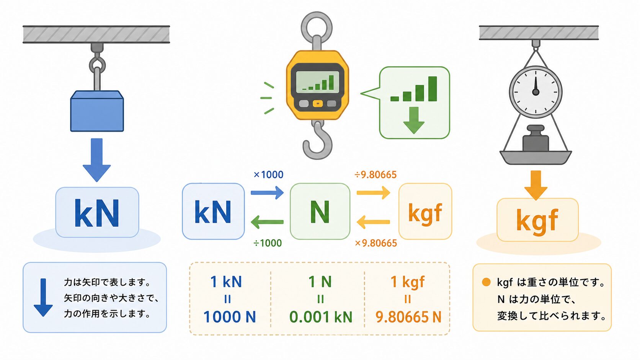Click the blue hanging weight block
click(97, 111)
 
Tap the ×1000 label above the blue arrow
click(268, 174)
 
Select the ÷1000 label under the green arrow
click(268, 243)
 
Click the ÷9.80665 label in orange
click(376, 174)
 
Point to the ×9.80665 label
click(376, 243)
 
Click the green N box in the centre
click(320, 211)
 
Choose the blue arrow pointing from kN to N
click(267, 193)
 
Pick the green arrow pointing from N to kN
click(267, 222)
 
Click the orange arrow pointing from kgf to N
click(374, 222)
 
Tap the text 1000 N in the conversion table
click(229, 317)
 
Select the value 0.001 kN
click(320, 317)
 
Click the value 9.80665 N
click(408, 317)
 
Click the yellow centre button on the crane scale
click(318, 104)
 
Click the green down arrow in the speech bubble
click(414, 120)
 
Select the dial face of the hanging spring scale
click(536, 92)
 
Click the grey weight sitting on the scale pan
click(536, 138)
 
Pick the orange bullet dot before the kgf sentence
click(486, 282)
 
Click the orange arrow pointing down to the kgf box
click(536, 185)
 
